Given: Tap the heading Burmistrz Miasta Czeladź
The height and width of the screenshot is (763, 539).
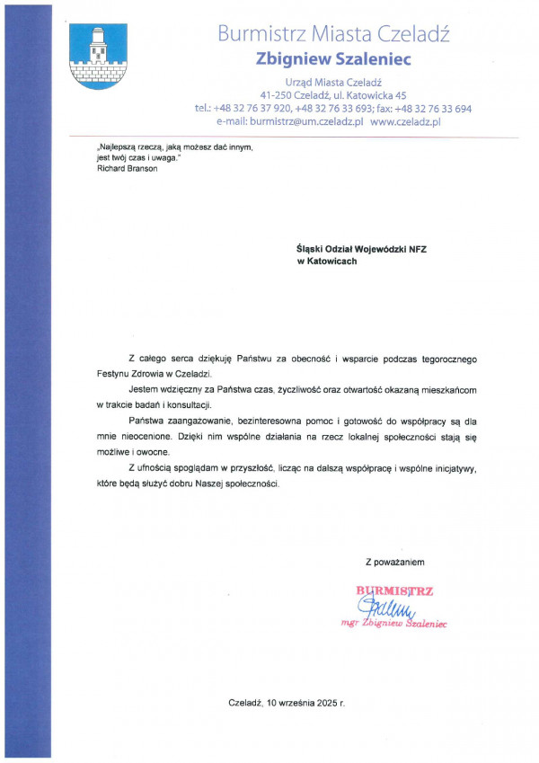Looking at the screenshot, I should pos(332,35).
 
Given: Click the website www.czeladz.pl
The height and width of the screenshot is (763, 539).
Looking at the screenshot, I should pos(405,121).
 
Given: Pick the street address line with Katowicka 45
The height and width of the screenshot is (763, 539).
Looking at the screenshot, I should pos(333,94).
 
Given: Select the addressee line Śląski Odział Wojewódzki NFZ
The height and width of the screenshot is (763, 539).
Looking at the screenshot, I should pos(362,249).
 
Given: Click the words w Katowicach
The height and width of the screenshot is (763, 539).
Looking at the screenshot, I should pos(327,262).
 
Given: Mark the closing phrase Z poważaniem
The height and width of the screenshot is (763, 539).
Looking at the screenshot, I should pos(394,562).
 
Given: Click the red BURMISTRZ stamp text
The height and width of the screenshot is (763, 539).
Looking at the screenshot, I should pos(395,590).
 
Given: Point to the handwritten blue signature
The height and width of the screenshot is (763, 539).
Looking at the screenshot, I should pos(384,608).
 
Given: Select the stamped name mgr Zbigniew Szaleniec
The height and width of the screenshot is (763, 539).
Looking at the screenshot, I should pos(394,623).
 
